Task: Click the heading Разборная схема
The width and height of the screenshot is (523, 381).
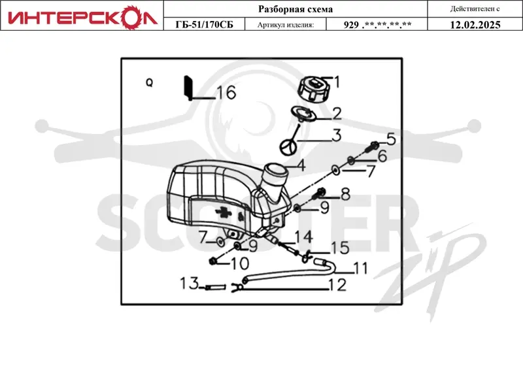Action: (x=295, y=9)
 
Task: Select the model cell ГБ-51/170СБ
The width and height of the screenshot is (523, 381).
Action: (x=205, y=25)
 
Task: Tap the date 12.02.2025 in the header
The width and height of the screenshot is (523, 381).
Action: (x=475, y=25)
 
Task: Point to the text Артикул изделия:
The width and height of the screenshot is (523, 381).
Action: (x=286, y=25)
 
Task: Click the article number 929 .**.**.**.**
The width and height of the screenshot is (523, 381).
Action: (x=377, y=25)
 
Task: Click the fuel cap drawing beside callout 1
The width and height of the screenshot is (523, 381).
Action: (x=312, y=89)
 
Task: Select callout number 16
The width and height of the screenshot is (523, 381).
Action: (x=226, y=92)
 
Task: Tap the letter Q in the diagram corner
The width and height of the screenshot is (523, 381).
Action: (x=150, y=82)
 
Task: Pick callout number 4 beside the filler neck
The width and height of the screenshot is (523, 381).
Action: (x=301, y=165)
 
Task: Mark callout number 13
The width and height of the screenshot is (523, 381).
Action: (x=189, y=284)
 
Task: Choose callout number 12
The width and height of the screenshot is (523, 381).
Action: (x=337, y=285)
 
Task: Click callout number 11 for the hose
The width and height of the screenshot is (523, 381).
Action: (x=360, y=268)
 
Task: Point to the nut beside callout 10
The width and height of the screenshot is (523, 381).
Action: (x=212, y=261)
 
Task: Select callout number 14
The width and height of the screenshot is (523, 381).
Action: (x=303, y=237)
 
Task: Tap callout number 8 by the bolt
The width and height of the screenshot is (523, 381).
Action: (x=345, y=194)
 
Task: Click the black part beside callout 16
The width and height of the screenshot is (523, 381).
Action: (x=188, y=88)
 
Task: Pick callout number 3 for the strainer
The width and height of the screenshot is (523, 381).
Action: (x=337, y=135)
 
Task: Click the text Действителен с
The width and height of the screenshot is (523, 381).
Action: (x=475, y=9)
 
